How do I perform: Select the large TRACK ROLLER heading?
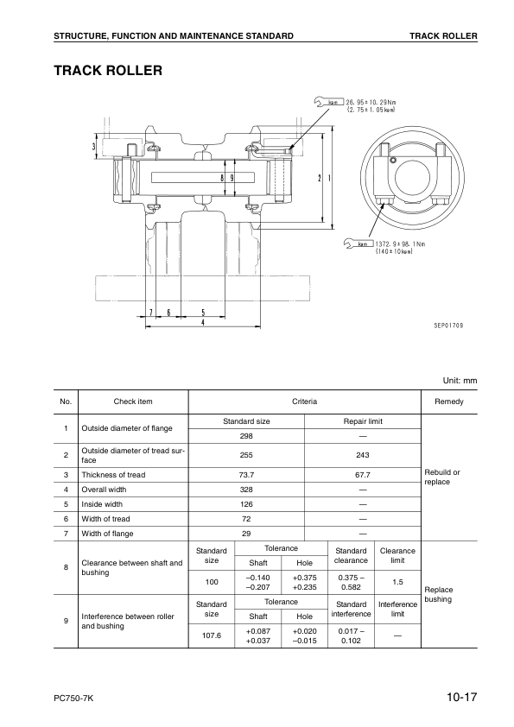click(108, 70)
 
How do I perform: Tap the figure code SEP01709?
click(448, 326)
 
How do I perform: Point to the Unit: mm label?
click(460, 380)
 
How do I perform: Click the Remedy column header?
click(448, 402)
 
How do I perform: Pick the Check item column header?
click(133, 402)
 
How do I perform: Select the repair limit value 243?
click(363, 455)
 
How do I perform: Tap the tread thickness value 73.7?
click(246, 475)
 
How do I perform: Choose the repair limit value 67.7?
click(363, 475)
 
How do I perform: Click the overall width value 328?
click(246, 490)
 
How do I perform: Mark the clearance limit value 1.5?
click(397, 582)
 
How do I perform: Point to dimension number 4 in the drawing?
click(202, 323)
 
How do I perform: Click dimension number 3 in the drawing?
click(94, 146)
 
